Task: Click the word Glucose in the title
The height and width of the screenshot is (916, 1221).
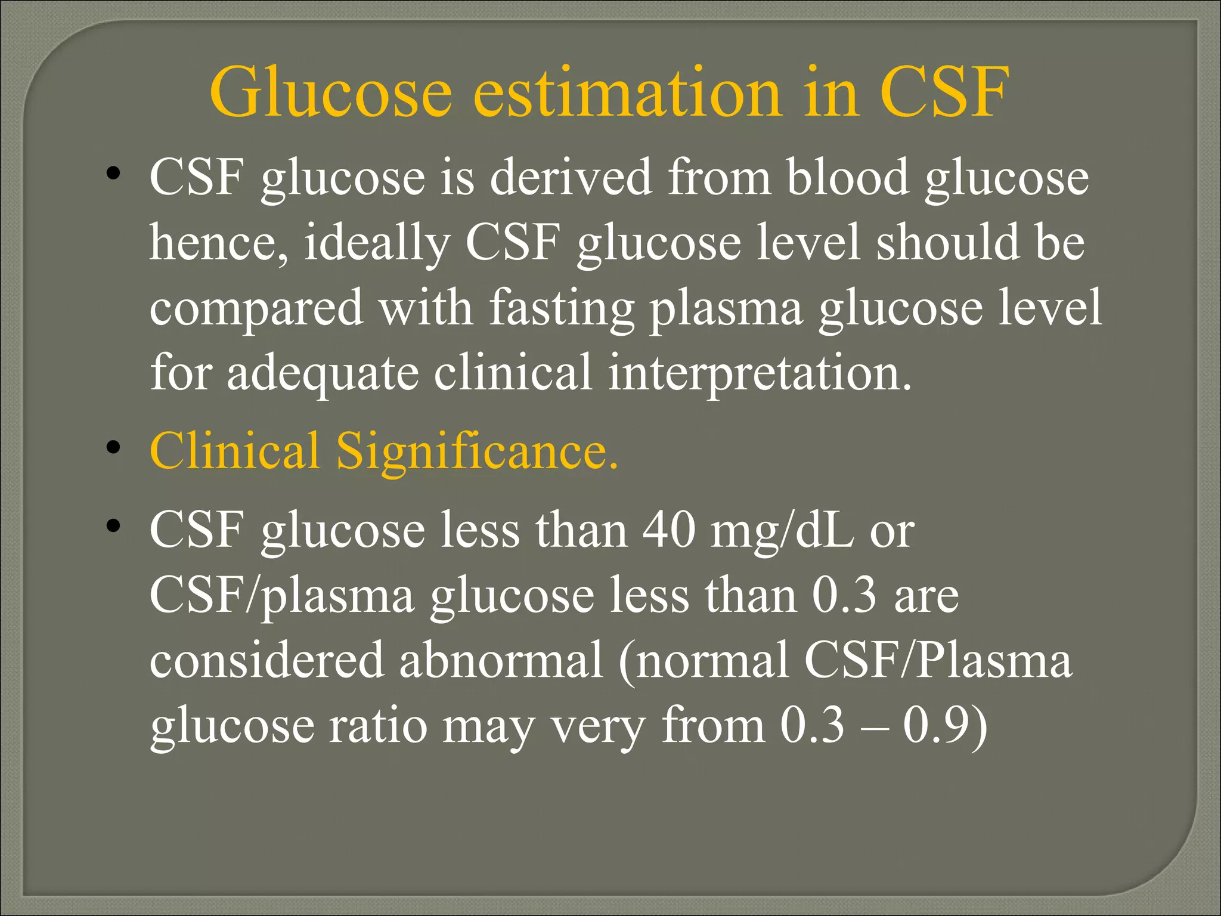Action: [x=331, y=92]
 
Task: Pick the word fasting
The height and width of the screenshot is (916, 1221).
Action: [x=562, y=309]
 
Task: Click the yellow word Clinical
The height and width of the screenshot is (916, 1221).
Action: [x=234, y=451]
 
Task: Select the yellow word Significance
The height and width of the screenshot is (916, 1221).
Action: [x=477, y=452]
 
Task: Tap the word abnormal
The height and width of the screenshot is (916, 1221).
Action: [x=501, y=661]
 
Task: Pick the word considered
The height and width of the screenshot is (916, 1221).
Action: [x=266, y=661]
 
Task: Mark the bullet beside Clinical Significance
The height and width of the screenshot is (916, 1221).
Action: [x=113, y=447]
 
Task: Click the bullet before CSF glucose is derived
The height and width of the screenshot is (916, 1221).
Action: [x=113, y=174]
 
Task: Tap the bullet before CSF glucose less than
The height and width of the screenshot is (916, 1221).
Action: [x=113, y=526]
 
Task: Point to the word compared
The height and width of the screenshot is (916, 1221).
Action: [x=256, y=309]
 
